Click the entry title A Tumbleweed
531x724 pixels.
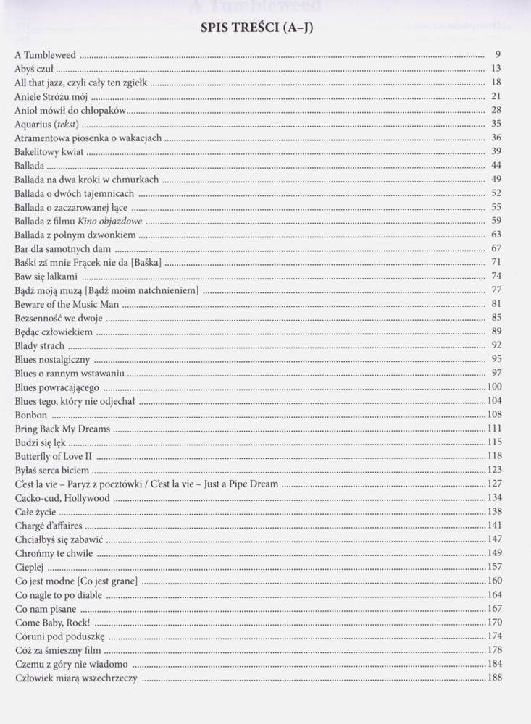click(45, 54)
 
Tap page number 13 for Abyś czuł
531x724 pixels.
click(496, 69)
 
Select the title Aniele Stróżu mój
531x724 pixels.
click(51, 96)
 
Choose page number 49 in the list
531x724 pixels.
click(496, 179)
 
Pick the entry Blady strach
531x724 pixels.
click(39, 345)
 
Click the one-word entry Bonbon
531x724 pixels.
click(30, 415)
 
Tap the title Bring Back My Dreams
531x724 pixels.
click(62, 429)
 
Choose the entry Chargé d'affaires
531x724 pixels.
click(48, 526)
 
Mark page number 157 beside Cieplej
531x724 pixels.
click(495, 567)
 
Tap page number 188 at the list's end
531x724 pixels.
click(495, 678)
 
